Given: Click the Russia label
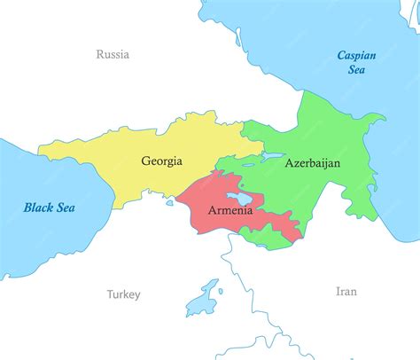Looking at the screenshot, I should coord(113,55).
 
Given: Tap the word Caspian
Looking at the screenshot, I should coord(357,55).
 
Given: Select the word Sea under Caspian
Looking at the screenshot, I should coord(357,70).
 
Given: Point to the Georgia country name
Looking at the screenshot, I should coord(161,161).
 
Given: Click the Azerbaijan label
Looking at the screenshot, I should coord(312,164).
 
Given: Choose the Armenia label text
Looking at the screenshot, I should coord(229,212).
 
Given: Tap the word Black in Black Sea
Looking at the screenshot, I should coord(38,207).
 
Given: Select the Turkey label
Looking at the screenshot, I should coord(123,294).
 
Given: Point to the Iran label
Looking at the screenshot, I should coord(346,291).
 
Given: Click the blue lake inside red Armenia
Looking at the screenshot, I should coord(235,197).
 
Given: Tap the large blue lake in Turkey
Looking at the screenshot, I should coord(207,294).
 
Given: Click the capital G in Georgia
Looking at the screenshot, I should coord(145,161).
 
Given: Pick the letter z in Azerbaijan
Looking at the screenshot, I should coord(297,164).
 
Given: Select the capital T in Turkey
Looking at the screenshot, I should coord(110,294).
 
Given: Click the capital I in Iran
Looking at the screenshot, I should coord(338,291).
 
